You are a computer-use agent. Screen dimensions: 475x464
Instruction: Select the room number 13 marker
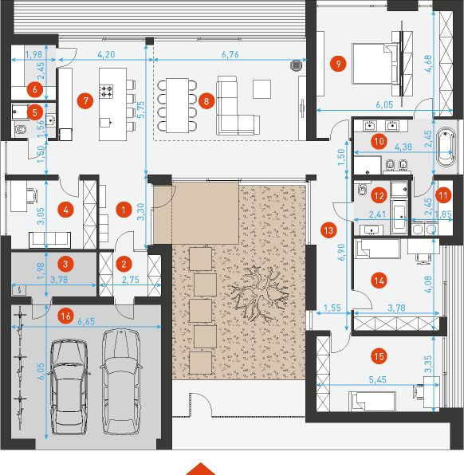click(328, 230)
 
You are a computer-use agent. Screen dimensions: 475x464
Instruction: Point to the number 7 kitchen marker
click(85, 100)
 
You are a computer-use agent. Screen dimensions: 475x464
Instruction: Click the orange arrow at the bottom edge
click(203, 468)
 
